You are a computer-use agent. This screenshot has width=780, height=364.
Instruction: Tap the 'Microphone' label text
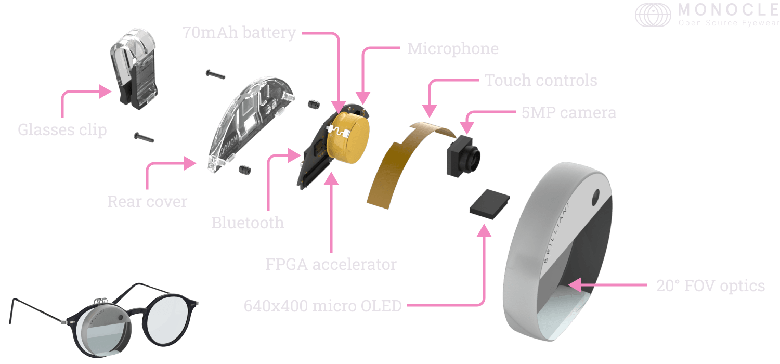click(452, 49)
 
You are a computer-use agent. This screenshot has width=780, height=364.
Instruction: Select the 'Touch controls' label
click(541, 81)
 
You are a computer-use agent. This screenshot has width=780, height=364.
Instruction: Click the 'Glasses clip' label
click(62, 129)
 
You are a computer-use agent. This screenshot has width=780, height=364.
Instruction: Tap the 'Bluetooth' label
click(248, 223)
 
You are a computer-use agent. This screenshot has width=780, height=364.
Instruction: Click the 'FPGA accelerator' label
click(331, 264)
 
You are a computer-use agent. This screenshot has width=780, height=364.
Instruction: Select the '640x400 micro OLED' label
click(322, 306)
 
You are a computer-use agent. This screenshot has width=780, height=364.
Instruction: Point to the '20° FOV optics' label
click(710, 285)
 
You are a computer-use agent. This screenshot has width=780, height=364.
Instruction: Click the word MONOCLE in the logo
click(728, 10)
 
